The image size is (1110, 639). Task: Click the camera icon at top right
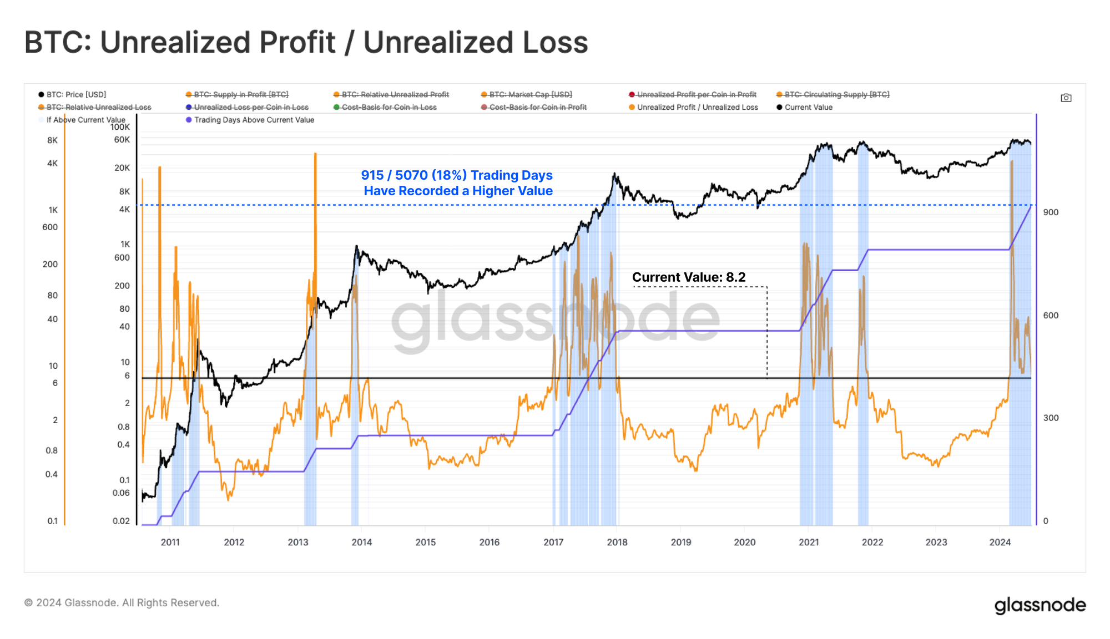pos(1066,98)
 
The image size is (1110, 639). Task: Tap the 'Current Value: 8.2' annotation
pos(688,277)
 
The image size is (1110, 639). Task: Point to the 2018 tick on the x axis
pos(617,542)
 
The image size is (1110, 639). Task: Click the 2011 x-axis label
pos(170,542)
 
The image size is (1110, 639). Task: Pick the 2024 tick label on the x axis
pos(1000,542)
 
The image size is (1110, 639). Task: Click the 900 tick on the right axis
pos(1051,212)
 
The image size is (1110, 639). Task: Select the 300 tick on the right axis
pos(1051,418)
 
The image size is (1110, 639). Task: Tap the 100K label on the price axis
pos(120,127)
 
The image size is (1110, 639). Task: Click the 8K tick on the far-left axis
pos(52,140)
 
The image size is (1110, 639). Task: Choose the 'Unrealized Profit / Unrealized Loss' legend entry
pos(697,108)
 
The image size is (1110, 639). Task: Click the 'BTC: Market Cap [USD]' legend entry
pos(530,95)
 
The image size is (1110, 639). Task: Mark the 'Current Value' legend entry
pos(808,108)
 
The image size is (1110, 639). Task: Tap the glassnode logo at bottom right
pos(1040,605)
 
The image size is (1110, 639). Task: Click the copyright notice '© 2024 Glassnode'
pos(122,603)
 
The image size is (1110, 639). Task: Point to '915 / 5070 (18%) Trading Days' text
pos(457,175)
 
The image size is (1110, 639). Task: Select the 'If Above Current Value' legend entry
pos(85,120)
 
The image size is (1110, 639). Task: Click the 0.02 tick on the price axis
pos(121,521)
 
